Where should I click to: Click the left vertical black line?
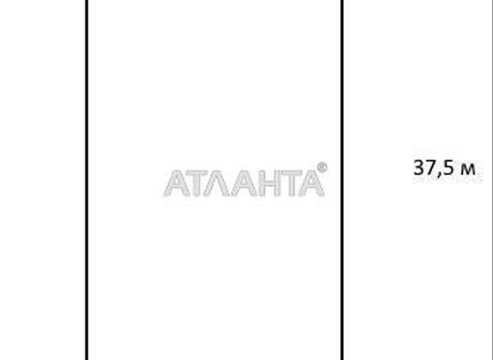[87, 180]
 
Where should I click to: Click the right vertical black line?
[342, 180]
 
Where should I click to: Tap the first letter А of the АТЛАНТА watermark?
[177, 183]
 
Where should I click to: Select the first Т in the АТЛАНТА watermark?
[198, 183]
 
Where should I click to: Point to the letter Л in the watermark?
[217, 183]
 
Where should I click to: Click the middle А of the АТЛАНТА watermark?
[245, 183]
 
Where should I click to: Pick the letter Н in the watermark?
[270, 183]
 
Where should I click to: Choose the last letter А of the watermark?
[311, 183]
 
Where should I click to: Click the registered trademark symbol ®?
[322, 168]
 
